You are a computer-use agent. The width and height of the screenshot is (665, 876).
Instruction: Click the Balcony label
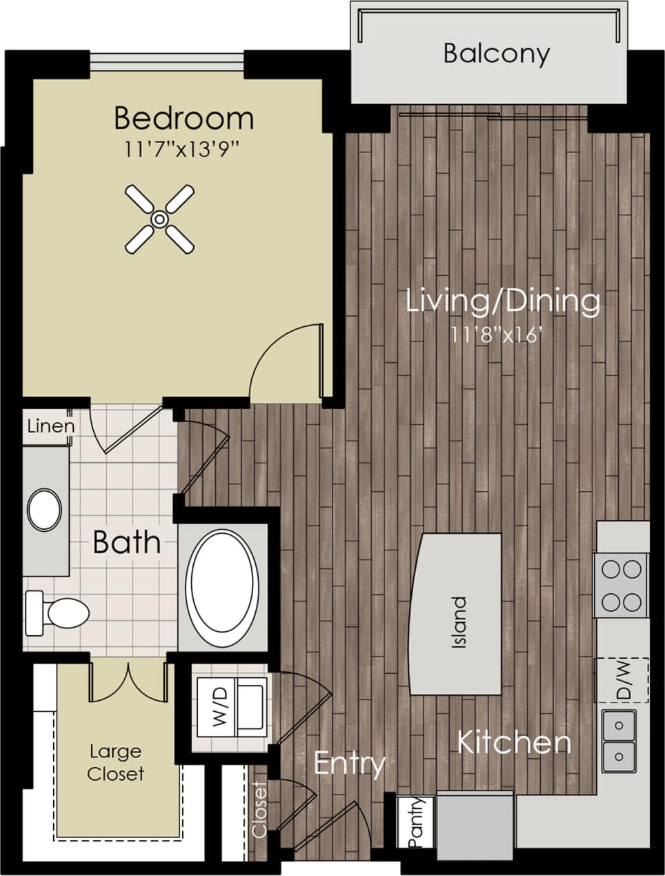(x=496, y=54)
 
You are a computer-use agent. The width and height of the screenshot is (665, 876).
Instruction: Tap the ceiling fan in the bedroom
(x=159, y=219)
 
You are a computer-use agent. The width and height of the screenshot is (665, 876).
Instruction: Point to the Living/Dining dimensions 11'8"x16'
(x=503, y=336)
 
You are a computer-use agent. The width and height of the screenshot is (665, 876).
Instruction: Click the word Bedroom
(x=183, y=118)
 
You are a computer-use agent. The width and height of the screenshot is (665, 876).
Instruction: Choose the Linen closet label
(x=50, y=426)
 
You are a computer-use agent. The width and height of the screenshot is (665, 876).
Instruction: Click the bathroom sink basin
(x=45, y=510)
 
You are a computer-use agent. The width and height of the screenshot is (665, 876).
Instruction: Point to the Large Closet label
(x=115, y=762)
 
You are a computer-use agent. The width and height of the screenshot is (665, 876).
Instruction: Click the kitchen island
(x=456, y=614)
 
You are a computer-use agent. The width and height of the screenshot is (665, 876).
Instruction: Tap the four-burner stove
(x=621, y=586)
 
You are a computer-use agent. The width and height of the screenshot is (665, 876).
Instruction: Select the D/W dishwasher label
(x=623, y=681)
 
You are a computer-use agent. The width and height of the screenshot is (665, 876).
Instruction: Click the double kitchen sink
(x=619, y=741)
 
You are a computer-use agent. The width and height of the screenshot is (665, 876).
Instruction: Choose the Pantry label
(x=415, y=822)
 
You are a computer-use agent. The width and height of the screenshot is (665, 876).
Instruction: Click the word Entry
(x=349, y=764)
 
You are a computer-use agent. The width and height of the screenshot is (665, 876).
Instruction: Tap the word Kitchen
(x=514, y=743)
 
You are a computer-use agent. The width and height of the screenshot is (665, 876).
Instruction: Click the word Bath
(x=126, y=543)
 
